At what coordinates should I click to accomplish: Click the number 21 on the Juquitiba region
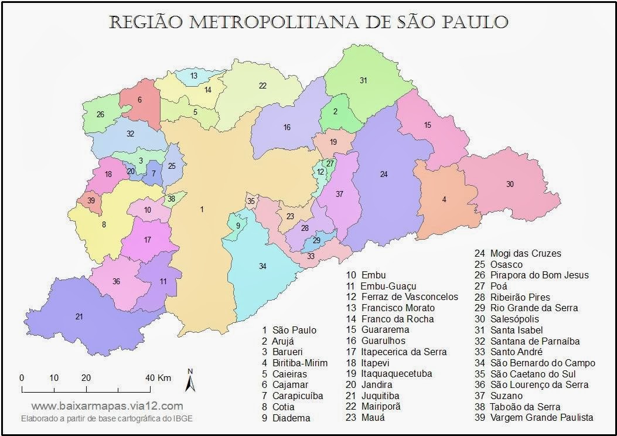click(79, 317)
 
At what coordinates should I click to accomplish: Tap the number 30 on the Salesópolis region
click(510, 184)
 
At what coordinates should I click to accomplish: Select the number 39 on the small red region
click(91, 200)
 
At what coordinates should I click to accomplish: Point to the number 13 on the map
click(194, 76)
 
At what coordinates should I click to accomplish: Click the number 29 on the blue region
click(316, 240)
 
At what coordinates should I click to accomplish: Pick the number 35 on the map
click(251, 202)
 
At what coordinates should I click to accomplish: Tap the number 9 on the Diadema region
click(238, 226)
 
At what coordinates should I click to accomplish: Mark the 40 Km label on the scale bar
click(158, 377)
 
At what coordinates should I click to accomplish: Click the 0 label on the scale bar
click(22, 377)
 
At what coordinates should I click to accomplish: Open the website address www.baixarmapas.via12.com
click(107, 406)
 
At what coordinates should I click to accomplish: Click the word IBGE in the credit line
click(182, 418)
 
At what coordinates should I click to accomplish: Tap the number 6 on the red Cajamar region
click(139, 100)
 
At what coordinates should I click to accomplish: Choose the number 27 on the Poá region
click(330, 163)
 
